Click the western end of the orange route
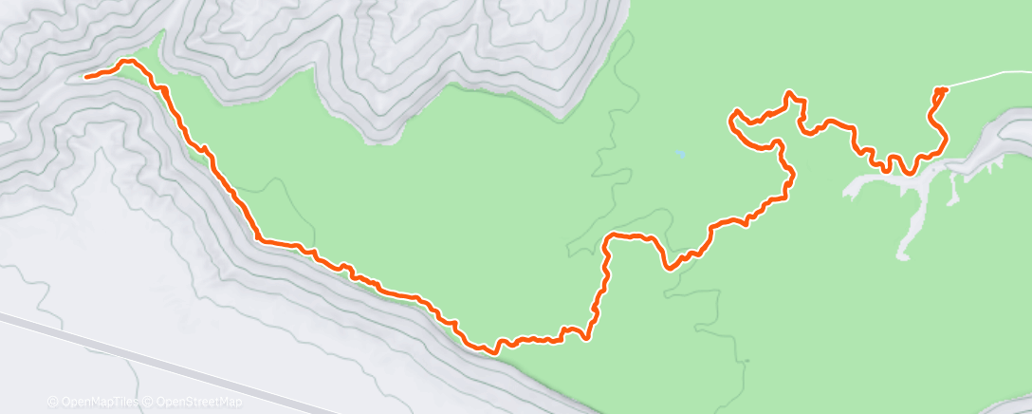[86, 76]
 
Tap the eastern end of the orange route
[944, 89]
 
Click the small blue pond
[680, 154]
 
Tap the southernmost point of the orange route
[494, 352]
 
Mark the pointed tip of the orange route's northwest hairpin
[731, 118]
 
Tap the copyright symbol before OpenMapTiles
[52, 402]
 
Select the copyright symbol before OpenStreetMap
[147, 402]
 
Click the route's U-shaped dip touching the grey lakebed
[909, 172]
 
